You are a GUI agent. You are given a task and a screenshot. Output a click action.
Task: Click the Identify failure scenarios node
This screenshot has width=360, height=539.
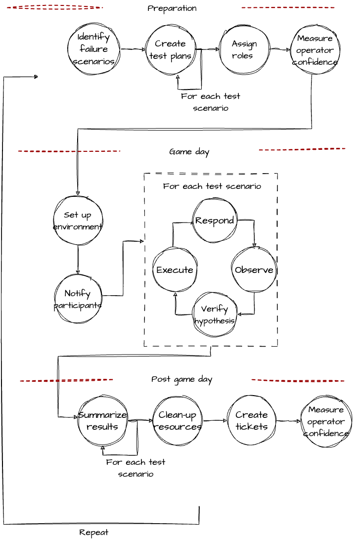pyautogui.click(x=93, y=49)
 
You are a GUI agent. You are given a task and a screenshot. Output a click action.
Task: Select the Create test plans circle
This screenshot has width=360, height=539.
pyautogui.click(x=171, y=49)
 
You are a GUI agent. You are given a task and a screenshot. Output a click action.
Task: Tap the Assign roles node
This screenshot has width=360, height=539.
pyautogui.click(x=244, y=49)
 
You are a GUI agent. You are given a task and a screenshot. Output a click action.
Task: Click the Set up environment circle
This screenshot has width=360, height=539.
pyautogui.click(x=78, y=221)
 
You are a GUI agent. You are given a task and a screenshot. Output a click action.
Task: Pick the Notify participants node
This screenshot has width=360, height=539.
pyautogui.click(x=78, y=299)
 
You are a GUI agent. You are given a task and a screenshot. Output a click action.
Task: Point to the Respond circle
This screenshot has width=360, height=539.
pyautogui.click(x=215, y=220)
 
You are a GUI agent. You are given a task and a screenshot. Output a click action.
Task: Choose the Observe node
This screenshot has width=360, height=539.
pyautogui.click(x=254, y=269)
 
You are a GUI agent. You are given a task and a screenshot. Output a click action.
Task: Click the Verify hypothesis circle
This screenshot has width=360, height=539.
pyautogui.click(x=215, y=314)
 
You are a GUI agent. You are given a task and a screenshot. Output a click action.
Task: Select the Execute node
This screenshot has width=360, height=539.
pyautogui.click(x=175, y=269)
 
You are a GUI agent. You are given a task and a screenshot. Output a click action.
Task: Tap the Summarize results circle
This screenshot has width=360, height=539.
pyautogui.click(x=102, y=420)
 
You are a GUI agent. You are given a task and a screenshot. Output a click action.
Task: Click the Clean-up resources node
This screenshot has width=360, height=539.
pyautogui.click(x=178, y=420)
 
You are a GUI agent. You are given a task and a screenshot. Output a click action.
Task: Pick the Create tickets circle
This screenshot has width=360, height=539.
pyautogui.click(x=252, y=420)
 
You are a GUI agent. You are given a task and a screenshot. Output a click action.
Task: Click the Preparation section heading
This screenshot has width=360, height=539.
pyautogui.click(x=172, y=8)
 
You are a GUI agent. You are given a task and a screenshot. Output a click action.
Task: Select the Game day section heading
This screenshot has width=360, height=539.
pyautogui.click(x=189, y=152)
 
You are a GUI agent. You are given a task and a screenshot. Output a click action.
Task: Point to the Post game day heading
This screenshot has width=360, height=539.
pyautogui.click(x=181, y=379)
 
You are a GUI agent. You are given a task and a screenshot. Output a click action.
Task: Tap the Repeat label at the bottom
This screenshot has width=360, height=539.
pyautogui.click(x=93, y=532)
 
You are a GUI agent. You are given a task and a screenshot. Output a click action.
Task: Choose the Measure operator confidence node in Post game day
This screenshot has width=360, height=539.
pyautogui.click(x=326, y=421)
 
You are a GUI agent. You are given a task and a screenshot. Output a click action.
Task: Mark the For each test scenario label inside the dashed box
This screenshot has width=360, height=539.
pyautogui.click(x=212, y=186)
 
